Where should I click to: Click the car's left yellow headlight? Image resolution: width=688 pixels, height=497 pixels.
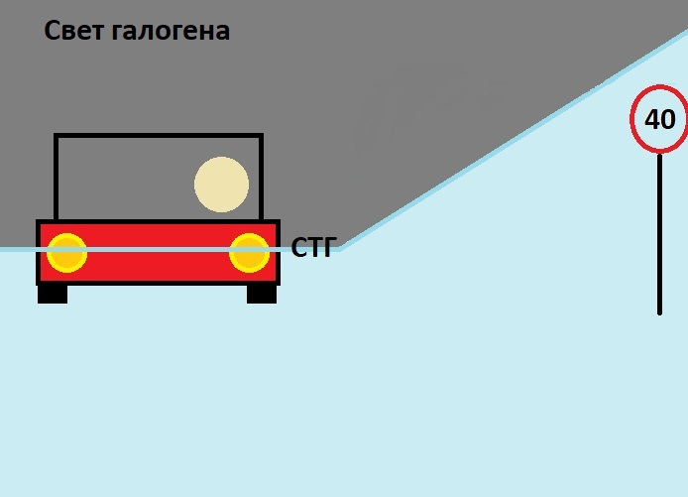point(67,252)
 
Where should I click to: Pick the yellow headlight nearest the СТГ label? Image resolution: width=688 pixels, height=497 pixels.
point(249,252)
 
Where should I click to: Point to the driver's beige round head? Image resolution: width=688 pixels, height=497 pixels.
point(221,185)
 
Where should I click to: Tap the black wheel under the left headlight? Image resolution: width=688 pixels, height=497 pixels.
point(53,294)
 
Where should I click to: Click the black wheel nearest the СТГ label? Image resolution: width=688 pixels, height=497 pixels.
point(261,294)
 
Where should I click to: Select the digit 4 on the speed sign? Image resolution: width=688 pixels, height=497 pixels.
point(652,120)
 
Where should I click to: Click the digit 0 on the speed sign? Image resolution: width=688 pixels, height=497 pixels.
point(667,120)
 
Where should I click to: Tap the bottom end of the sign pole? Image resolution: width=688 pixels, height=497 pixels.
point(659,311)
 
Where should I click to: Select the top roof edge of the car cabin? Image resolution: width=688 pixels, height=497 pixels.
point(159,136)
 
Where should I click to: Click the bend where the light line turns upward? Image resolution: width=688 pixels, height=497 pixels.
point(341,249)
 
